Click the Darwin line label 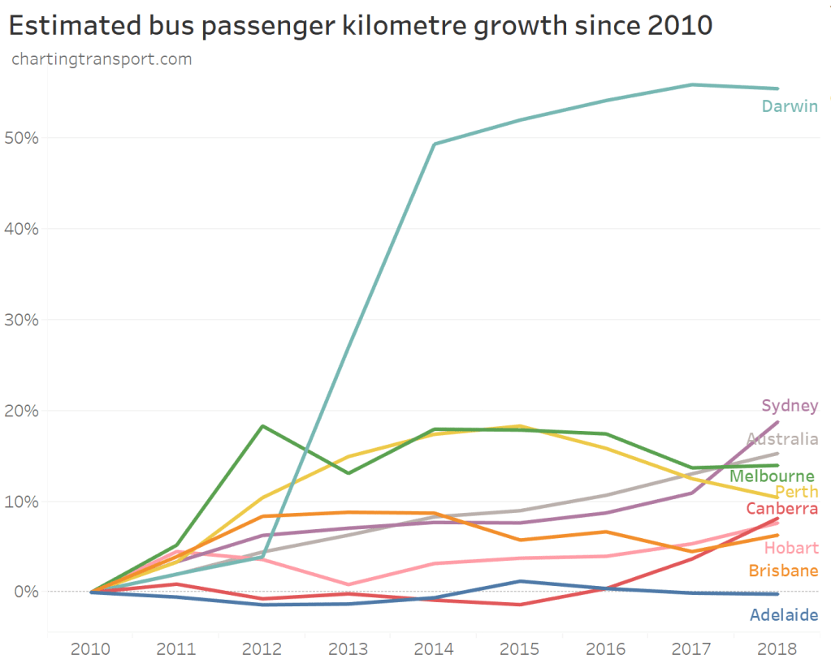[x=790, y=106]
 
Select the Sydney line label [x=790, y=406]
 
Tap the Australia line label [x=782, y=440]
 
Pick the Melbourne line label [x=772, y=476]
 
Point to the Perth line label [x=796, y=493]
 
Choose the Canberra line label [x=781, y=509]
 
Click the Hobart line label [x=791, y=549]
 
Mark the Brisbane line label [x=783, y=571]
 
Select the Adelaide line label [x=783, y=615]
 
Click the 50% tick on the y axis [x=21, y=138]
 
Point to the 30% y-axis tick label [x=21, y=320]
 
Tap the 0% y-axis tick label [x=25, y=592]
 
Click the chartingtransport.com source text [x=102, y=59]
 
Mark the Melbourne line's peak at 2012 [x=262, y=426]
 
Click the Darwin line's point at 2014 [x=435, y=144]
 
